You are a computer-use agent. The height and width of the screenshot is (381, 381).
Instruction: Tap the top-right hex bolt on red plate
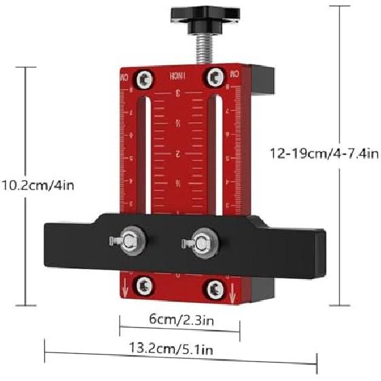coord(217,79)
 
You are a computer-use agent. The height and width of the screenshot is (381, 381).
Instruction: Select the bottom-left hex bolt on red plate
coord(143,286)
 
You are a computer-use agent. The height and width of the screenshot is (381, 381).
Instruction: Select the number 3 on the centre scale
coord(179,93)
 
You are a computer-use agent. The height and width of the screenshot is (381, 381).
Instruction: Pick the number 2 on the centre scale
coord(178,154)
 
